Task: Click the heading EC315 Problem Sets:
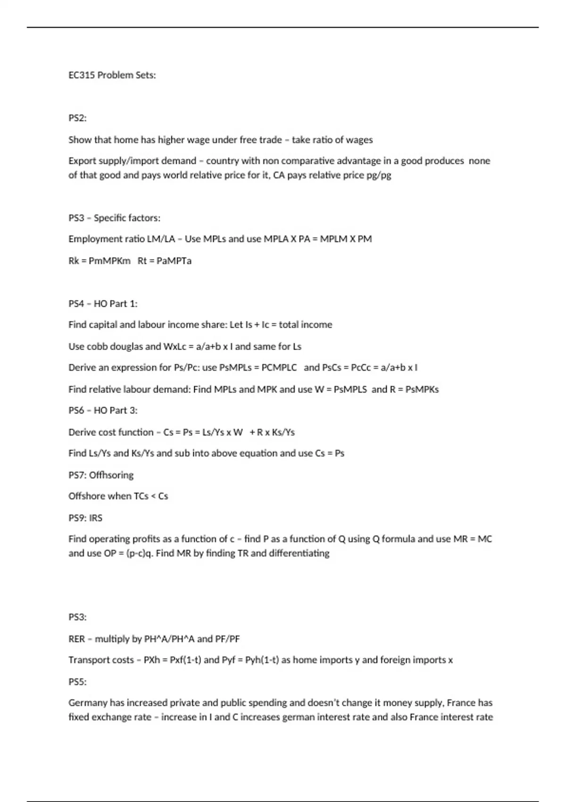point(112,75)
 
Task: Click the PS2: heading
point(77,118)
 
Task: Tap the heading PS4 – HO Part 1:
point(103,304)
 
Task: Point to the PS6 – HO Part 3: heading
point(103,410)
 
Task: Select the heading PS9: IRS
point(85,518)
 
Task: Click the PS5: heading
point(77,682)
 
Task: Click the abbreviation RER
point(76,639)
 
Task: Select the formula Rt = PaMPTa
point(165,261)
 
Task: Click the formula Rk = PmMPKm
point(100,261)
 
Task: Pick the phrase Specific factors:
point(127,218)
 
